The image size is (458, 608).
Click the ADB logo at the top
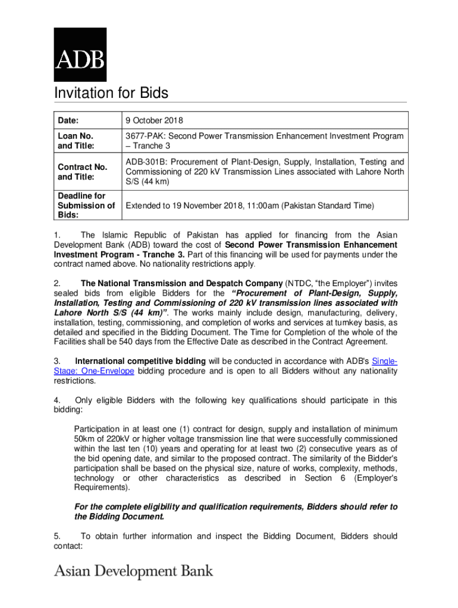pos(80,55)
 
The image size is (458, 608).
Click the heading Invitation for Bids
pos(111,93)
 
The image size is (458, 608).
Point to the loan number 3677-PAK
pos(143,136)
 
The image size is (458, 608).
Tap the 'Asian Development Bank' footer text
pos(134,571)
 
